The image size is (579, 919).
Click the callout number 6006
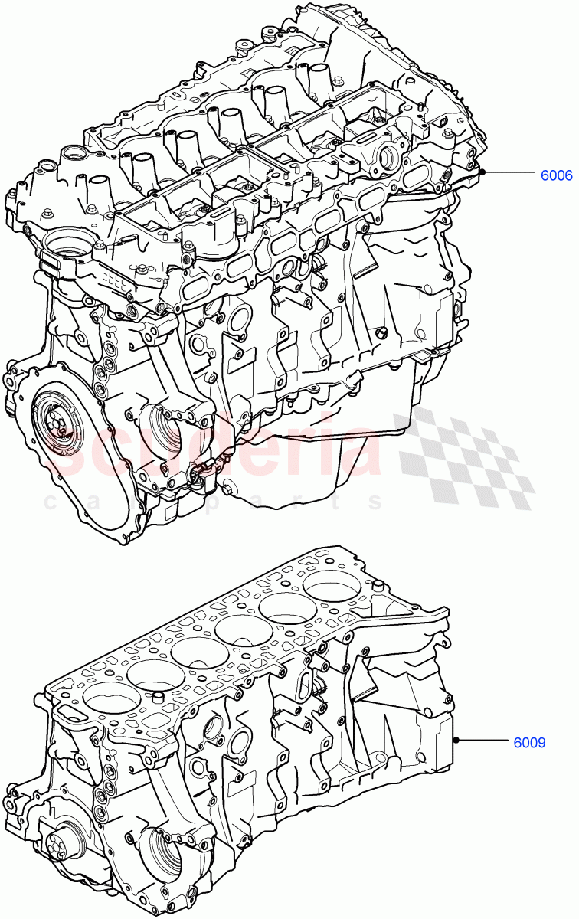pos(556,175)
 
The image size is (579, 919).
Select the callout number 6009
pos(529,741)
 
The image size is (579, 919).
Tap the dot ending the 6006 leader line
pos(483,174)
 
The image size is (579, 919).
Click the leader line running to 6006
pos(509,174)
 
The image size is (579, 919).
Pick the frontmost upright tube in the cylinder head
pos(99,191)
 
